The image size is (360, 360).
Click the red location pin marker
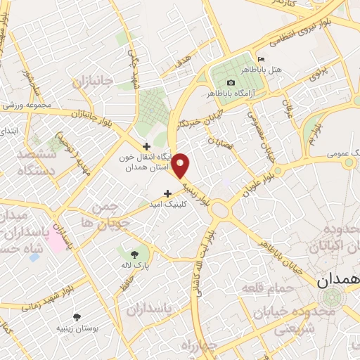pyautogui.click(x=181, y=165)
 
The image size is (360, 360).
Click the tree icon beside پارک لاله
pyautogui.click(x=134, y=254)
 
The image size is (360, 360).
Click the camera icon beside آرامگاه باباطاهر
pyautogui.click(x=231, y=83)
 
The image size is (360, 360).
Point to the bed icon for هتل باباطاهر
pyautogui.click(x=262, y=59)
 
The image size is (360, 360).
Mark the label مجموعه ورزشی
pyautogui.click(x=27, y=106)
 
